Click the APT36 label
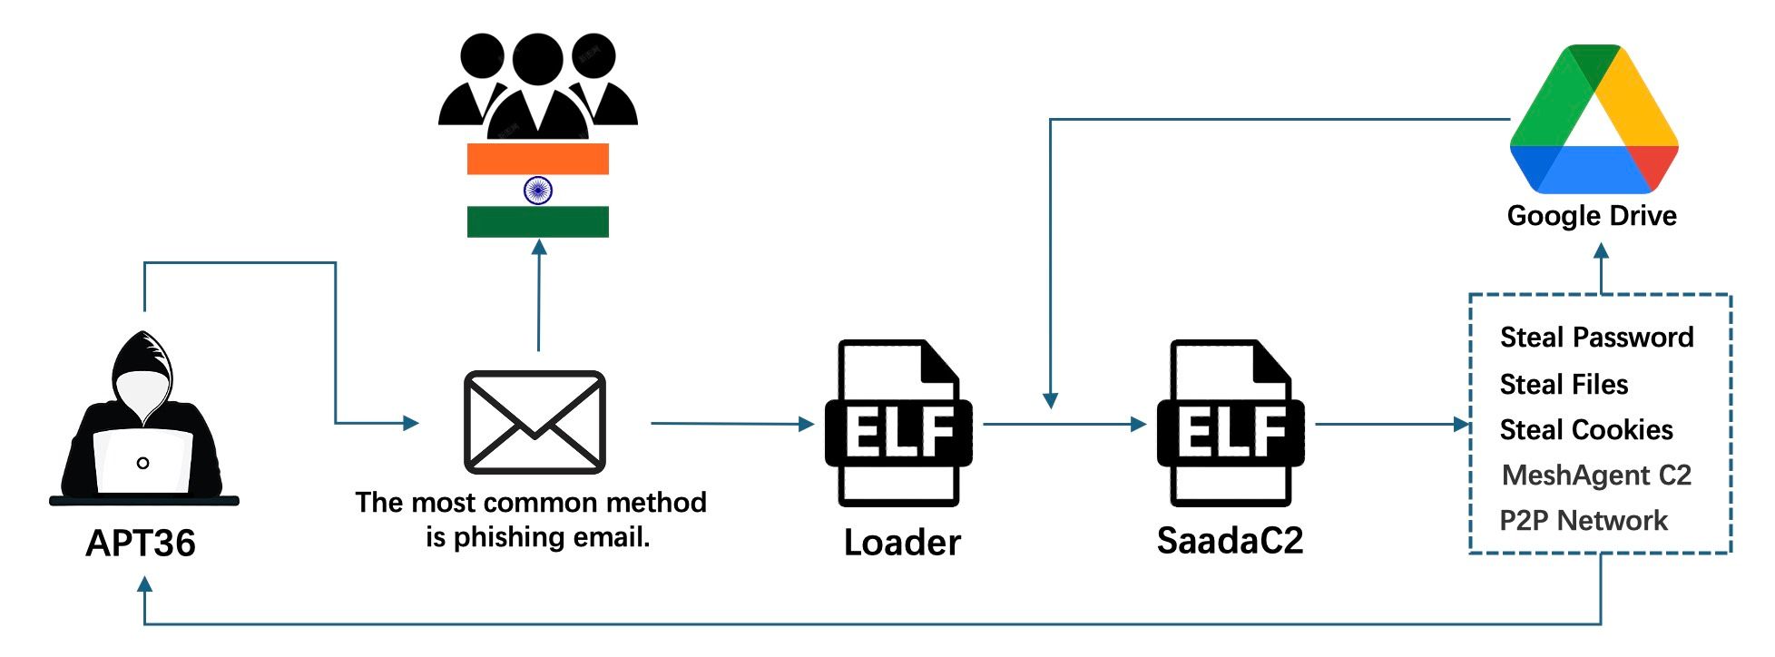141,543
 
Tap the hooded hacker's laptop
143,461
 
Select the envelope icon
534,422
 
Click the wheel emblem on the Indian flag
538,190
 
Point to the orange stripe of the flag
538,159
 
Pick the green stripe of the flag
538,221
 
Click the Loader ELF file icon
898,423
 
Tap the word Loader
902,543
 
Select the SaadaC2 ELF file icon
1231,423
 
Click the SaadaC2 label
1231,541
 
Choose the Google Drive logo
1594,119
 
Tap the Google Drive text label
1592,216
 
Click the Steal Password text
1597,338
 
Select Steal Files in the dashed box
1564,385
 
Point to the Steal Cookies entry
1586,430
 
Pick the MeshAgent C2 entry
1597,476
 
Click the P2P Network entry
1584,521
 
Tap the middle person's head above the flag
538,58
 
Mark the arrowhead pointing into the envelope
411,423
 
